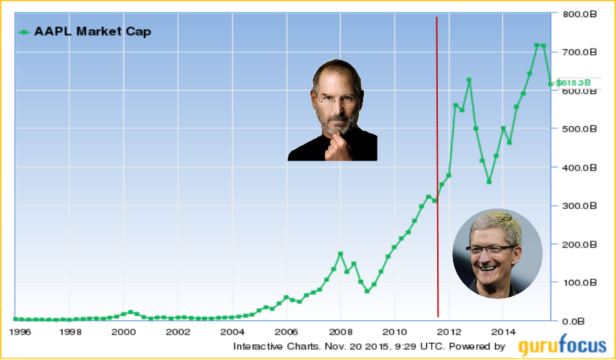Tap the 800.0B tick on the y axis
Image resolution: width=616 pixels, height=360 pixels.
577,14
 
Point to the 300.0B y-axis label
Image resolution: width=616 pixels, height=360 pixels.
577,206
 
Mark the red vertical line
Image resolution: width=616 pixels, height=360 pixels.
437,171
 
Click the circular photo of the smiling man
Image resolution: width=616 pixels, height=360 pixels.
497,253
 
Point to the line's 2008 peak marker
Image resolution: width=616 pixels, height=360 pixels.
341,254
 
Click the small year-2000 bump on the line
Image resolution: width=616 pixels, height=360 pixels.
130,312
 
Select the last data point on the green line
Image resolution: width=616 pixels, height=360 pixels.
550,84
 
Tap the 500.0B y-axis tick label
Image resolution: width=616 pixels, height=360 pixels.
577,129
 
